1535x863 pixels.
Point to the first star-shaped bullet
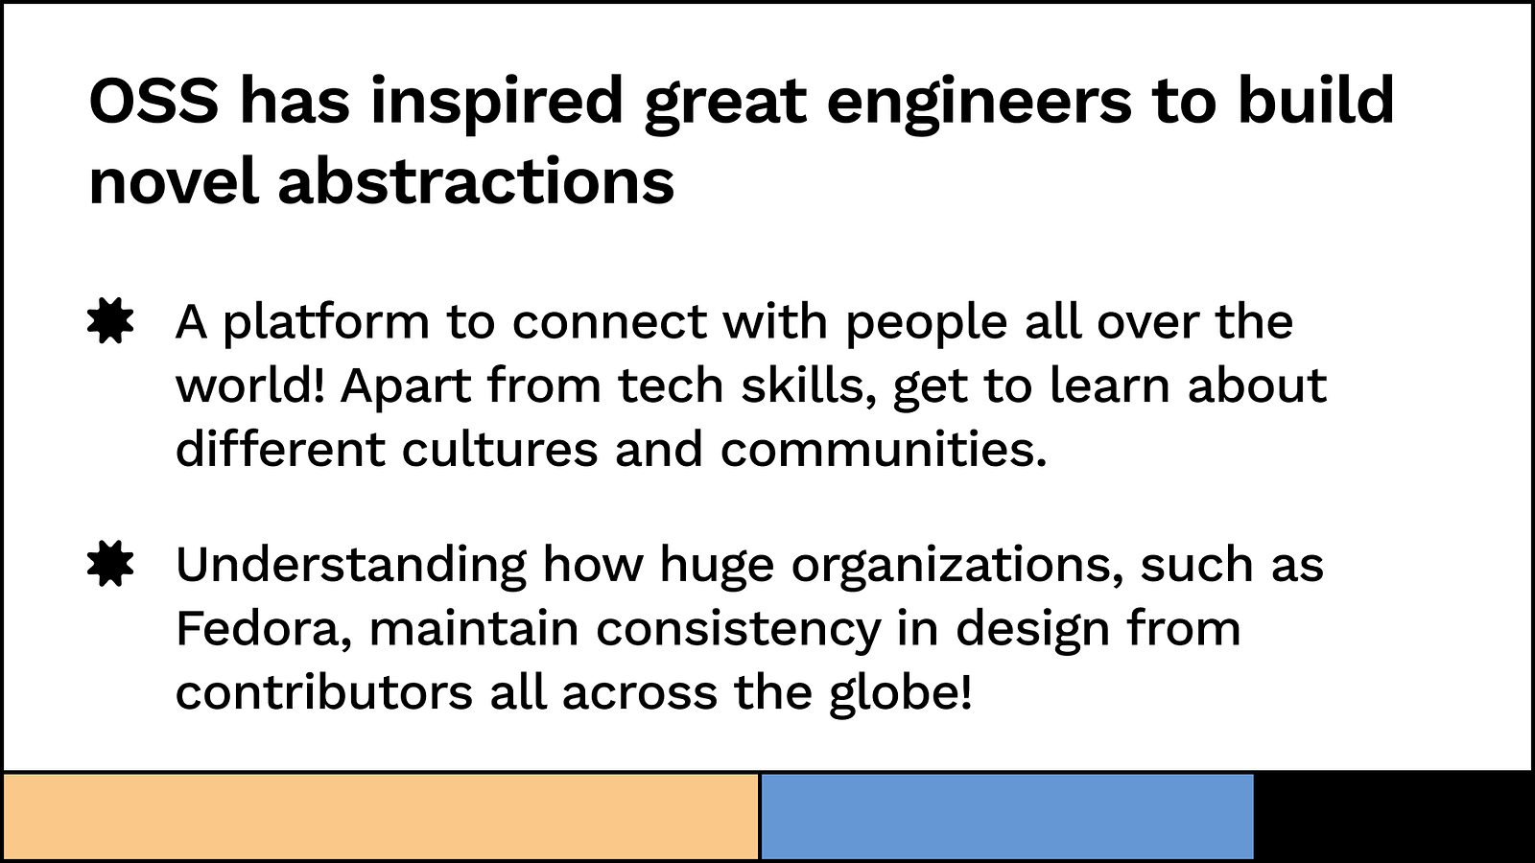coord(110,320)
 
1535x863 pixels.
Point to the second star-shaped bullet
coord(110,564)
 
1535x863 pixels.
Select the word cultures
coord(500,449)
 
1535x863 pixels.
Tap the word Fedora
coord(264,629)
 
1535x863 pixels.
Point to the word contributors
coord(324,691)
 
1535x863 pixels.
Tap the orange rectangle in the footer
coord(381,816)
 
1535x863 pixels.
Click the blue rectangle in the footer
coord(1007,816)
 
